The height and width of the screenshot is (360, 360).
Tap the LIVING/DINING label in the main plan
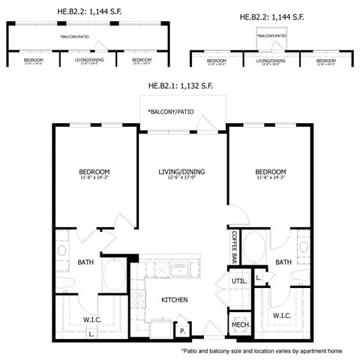181,172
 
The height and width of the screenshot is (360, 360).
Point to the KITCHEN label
174,300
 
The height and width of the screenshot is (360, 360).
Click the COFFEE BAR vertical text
234,246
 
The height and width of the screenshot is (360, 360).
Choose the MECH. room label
240,324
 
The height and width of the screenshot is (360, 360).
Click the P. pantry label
182,328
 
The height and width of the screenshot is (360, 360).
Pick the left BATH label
86,262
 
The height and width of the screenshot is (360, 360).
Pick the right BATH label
283,262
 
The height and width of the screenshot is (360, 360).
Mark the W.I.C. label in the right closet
282,315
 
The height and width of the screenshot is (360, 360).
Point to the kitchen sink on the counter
181,268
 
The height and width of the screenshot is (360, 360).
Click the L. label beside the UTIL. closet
258,277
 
